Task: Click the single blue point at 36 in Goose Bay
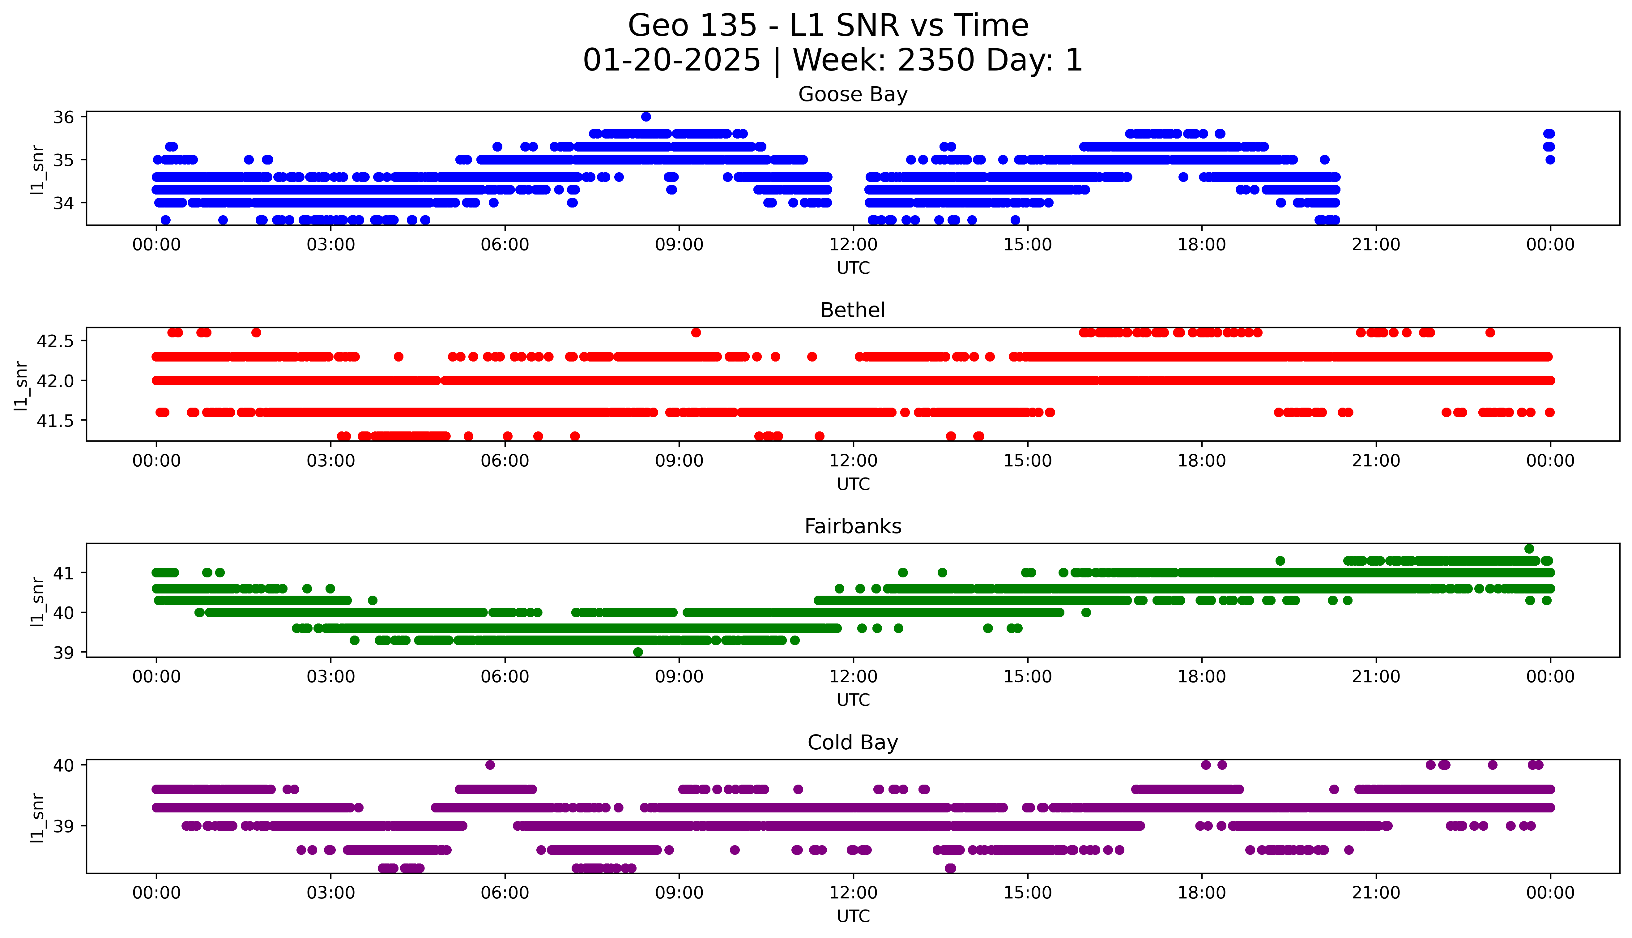tap(646, 117)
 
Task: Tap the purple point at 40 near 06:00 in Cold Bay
tap(490, 765)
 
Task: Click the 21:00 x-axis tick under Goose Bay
tap(1376, 245)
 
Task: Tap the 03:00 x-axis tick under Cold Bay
tap(331, 893)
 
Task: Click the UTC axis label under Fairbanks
tap(853, 700)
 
